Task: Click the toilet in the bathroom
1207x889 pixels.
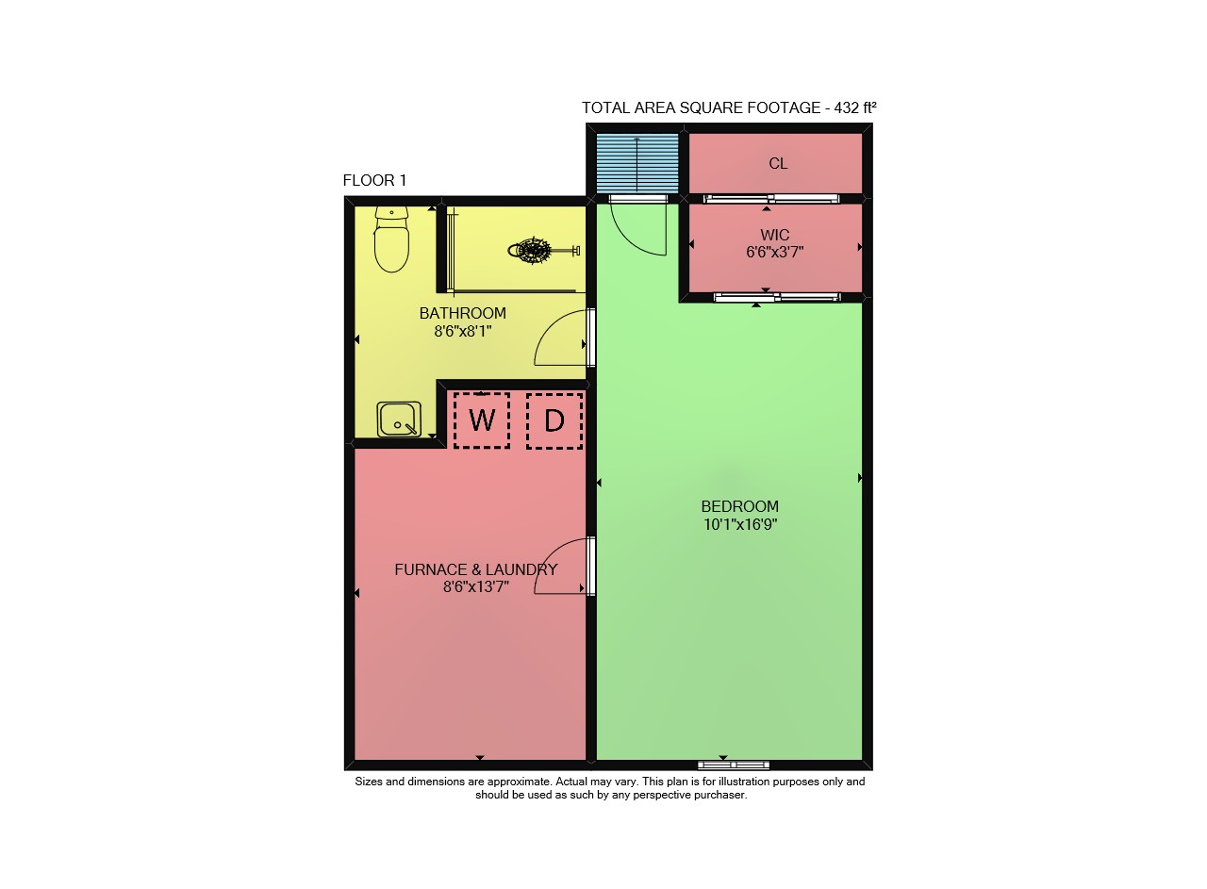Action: point(391,239)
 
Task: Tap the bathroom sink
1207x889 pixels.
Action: point(399,420)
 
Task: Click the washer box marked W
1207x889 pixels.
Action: point(482,420)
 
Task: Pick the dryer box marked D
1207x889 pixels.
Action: point(554,420)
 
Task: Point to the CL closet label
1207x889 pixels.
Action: point(778,163)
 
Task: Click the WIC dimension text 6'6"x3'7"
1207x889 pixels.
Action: point(775,252)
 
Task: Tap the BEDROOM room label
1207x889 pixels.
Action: point(740,506)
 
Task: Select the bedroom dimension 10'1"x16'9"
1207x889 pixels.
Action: point(740,524)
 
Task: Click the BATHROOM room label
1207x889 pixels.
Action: point(463,313)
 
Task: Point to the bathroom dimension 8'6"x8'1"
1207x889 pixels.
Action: point(463,331)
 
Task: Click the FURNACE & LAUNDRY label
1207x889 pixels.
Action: point(476,569)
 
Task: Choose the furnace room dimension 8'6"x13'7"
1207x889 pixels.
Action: point(476,586)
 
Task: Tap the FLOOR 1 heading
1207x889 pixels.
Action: point(374,180)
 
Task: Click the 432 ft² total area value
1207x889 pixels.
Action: point(855,107)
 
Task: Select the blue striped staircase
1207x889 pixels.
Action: point(637,163)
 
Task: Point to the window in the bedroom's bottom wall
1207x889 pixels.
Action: point(734,766)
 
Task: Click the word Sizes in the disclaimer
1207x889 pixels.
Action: point(369,782)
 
